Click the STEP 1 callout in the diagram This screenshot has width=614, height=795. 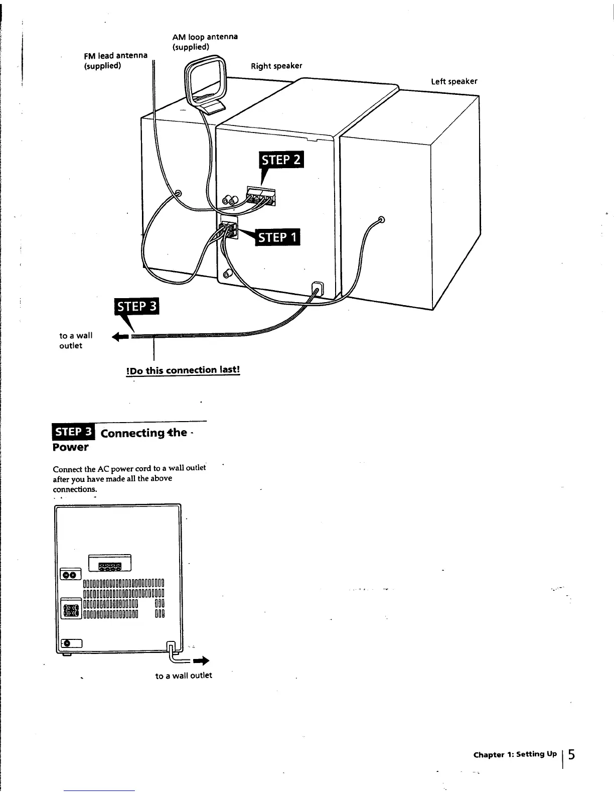coord(277,237)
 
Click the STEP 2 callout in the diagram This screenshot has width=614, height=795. coord(281,160)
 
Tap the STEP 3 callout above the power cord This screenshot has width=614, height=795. coord(136,307)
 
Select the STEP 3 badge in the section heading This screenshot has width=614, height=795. coord(74,432)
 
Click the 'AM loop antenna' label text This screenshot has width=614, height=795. coord(205,37)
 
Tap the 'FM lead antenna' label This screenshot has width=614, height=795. coord(115,56)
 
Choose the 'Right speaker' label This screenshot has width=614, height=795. coord(276,66)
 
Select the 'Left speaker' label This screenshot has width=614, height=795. coord(454,81)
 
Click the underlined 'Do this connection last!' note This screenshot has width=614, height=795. coord(183,370)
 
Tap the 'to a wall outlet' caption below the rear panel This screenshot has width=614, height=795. coord(184,676)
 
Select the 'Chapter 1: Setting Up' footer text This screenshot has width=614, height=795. coord(515,754)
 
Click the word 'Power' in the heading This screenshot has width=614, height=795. coord(71,447)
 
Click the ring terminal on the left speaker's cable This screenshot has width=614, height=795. coord(381,219)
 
